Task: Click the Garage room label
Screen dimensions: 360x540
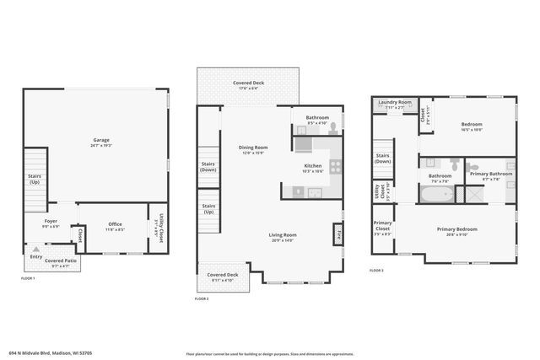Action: [x=101, y=140]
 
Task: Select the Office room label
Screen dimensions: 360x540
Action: [x=115, y=224]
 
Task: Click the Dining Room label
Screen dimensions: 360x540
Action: [x=252, y=148]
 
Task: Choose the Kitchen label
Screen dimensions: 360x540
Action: [x=313, y=166]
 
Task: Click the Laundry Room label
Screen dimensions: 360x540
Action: [x=394, y=102]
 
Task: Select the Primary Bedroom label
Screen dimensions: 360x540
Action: [x=456, y=229]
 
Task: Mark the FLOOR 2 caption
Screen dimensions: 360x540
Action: [x=202, y=298]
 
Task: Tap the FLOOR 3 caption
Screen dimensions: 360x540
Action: [x=376, y=270]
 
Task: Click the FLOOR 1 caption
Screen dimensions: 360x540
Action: [x=28, y=278]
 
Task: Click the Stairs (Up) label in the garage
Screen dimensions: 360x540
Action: [x=35, y=179]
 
